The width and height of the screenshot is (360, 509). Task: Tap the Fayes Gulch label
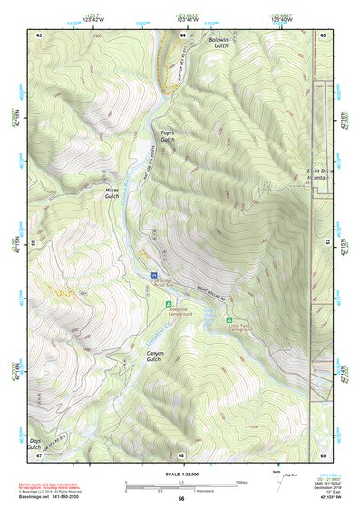[167, 137]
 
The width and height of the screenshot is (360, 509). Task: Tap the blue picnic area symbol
[153, 273]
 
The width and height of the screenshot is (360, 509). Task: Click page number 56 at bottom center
[181, 499]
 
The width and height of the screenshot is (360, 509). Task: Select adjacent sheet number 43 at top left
[39, 34]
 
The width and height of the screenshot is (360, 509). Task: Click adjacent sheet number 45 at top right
[324, 34]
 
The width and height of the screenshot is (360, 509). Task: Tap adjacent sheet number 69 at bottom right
[324, 455]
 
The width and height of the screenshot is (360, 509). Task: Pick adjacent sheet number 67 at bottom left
[39, 455]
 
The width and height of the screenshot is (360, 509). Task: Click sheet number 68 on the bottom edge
[181, 455]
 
